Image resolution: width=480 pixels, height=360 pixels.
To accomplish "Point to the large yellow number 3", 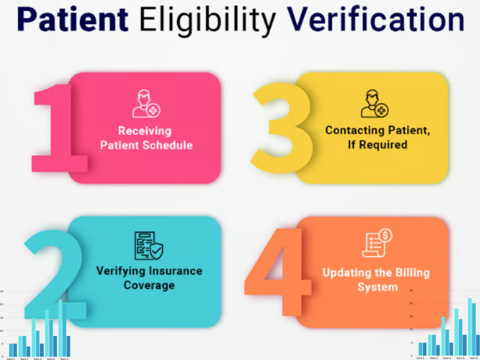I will tap(281, 127).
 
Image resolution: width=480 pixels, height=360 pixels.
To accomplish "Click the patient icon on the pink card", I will tap(146, 104).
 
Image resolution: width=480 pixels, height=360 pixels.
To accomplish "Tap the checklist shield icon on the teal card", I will tap(148, 246).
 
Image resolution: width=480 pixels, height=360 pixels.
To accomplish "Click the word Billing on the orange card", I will tap(408, 273).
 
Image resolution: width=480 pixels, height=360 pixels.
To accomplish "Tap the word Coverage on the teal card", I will tap(149, 285).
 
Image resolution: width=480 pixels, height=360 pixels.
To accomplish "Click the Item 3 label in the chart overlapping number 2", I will tap(37, 359).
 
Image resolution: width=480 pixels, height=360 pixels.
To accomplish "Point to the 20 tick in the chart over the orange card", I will tap(411, 303).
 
